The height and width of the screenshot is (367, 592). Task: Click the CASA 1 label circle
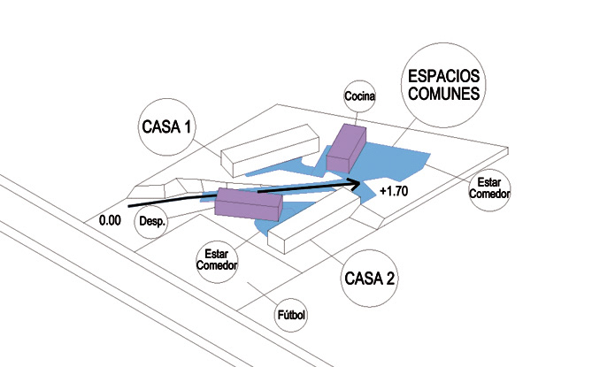coord(166,126)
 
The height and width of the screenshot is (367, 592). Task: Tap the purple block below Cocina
coord(346,147)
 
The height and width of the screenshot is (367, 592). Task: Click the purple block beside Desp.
coord(249,204)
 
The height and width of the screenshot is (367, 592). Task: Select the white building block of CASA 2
coord(313,218)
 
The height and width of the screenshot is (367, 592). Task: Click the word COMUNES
coord(444,91)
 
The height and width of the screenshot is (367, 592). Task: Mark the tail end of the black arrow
coord(130,206)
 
